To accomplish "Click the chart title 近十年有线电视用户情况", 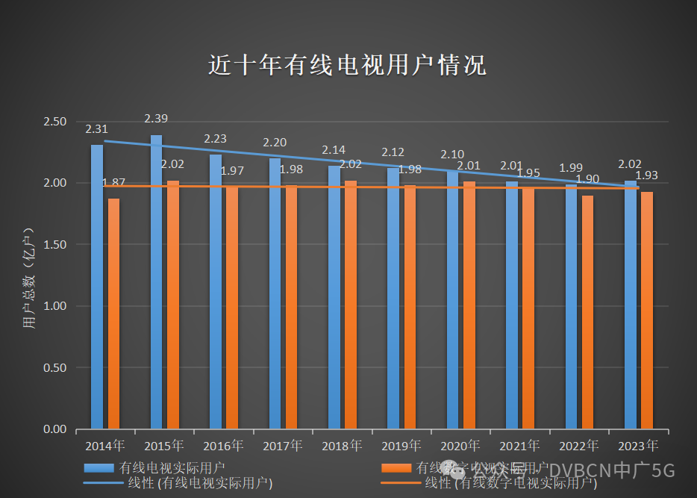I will click(347, 66).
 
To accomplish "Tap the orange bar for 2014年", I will click(113, 314).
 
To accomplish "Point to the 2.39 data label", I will click(156, 119).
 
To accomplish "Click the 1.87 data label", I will click(113, 182).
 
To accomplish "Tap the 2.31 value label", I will click(97, 129).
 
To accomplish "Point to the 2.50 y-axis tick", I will click(56, 122).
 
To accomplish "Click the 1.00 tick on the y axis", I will click(56, 306).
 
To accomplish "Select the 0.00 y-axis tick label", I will click(56, 429).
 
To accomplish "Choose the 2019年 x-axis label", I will click(401, 446).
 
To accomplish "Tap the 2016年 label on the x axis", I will click(223, 446).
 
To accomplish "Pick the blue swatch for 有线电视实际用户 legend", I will click(99, 468).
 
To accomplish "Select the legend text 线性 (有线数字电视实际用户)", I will click(511, 484).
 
